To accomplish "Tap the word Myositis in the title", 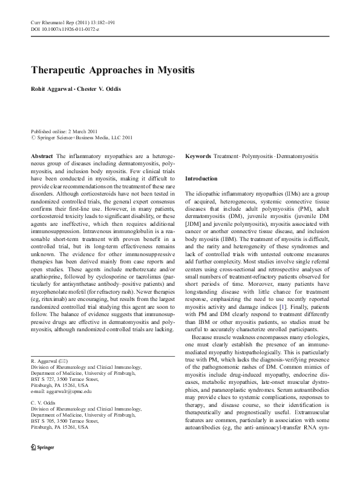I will pyautogui.click(x=171, y=70).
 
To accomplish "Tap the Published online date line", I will pyautogui.click(x=64, y=131).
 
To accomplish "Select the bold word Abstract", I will pyautogui.click(x=42, y=156).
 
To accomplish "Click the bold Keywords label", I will pyautogui.click(x=198, y=156).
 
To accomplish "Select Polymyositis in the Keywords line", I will pyautogui.click(x=257, y=156).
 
